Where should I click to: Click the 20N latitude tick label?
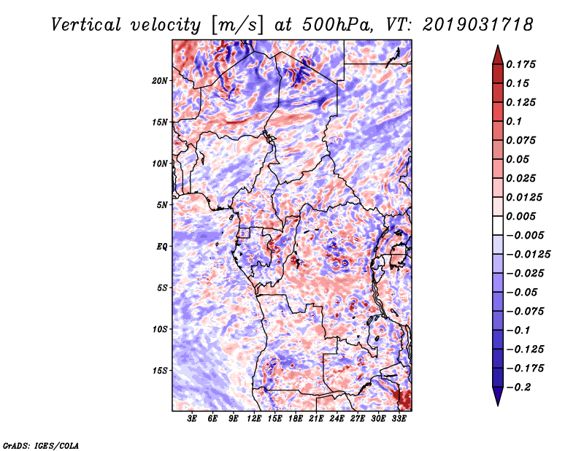click(x=160, y=81)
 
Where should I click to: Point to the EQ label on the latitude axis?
click(x=162, y=247)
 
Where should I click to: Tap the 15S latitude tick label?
click(x=160, y=371)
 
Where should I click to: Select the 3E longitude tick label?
click(x=192, y=419)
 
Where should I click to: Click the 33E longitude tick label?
click(x=399, y=419)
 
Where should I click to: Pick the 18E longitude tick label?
click(x=296, y=419)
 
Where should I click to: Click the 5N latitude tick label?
click(x=162, y=205)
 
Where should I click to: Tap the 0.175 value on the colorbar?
click(x=520, y=64)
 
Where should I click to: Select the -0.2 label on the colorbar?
click(x=519, y=388)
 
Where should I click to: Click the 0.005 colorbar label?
click(x=520, y=216)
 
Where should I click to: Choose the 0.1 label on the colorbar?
click(x=514, y=121)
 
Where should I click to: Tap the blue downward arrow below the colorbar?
click(x=498, y=396)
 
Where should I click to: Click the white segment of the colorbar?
click(x=498, y=225)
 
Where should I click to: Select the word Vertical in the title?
click(x=86, y=25)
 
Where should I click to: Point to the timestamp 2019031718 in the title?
click(x=478, y=25)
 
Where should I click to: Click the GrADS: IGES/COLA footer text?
click(x=41, y=445)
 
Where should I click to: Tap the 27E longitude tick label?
click(x=357, y=419)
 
